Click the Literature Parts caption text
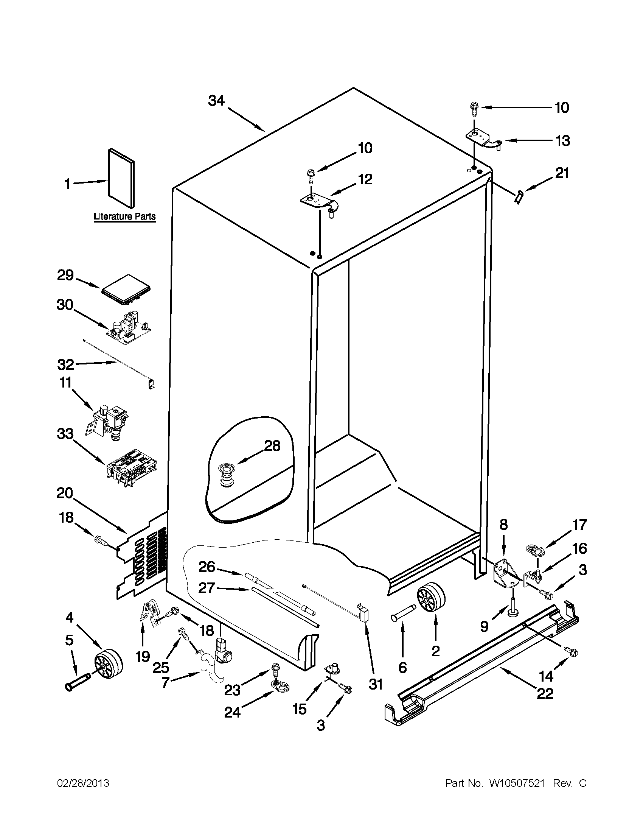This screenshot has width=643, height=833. tap(125, 216)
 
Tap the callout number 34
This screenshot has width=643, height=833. tap(216, 101)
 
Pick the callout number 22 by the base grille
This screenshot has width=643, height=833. tap(545, 693)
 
